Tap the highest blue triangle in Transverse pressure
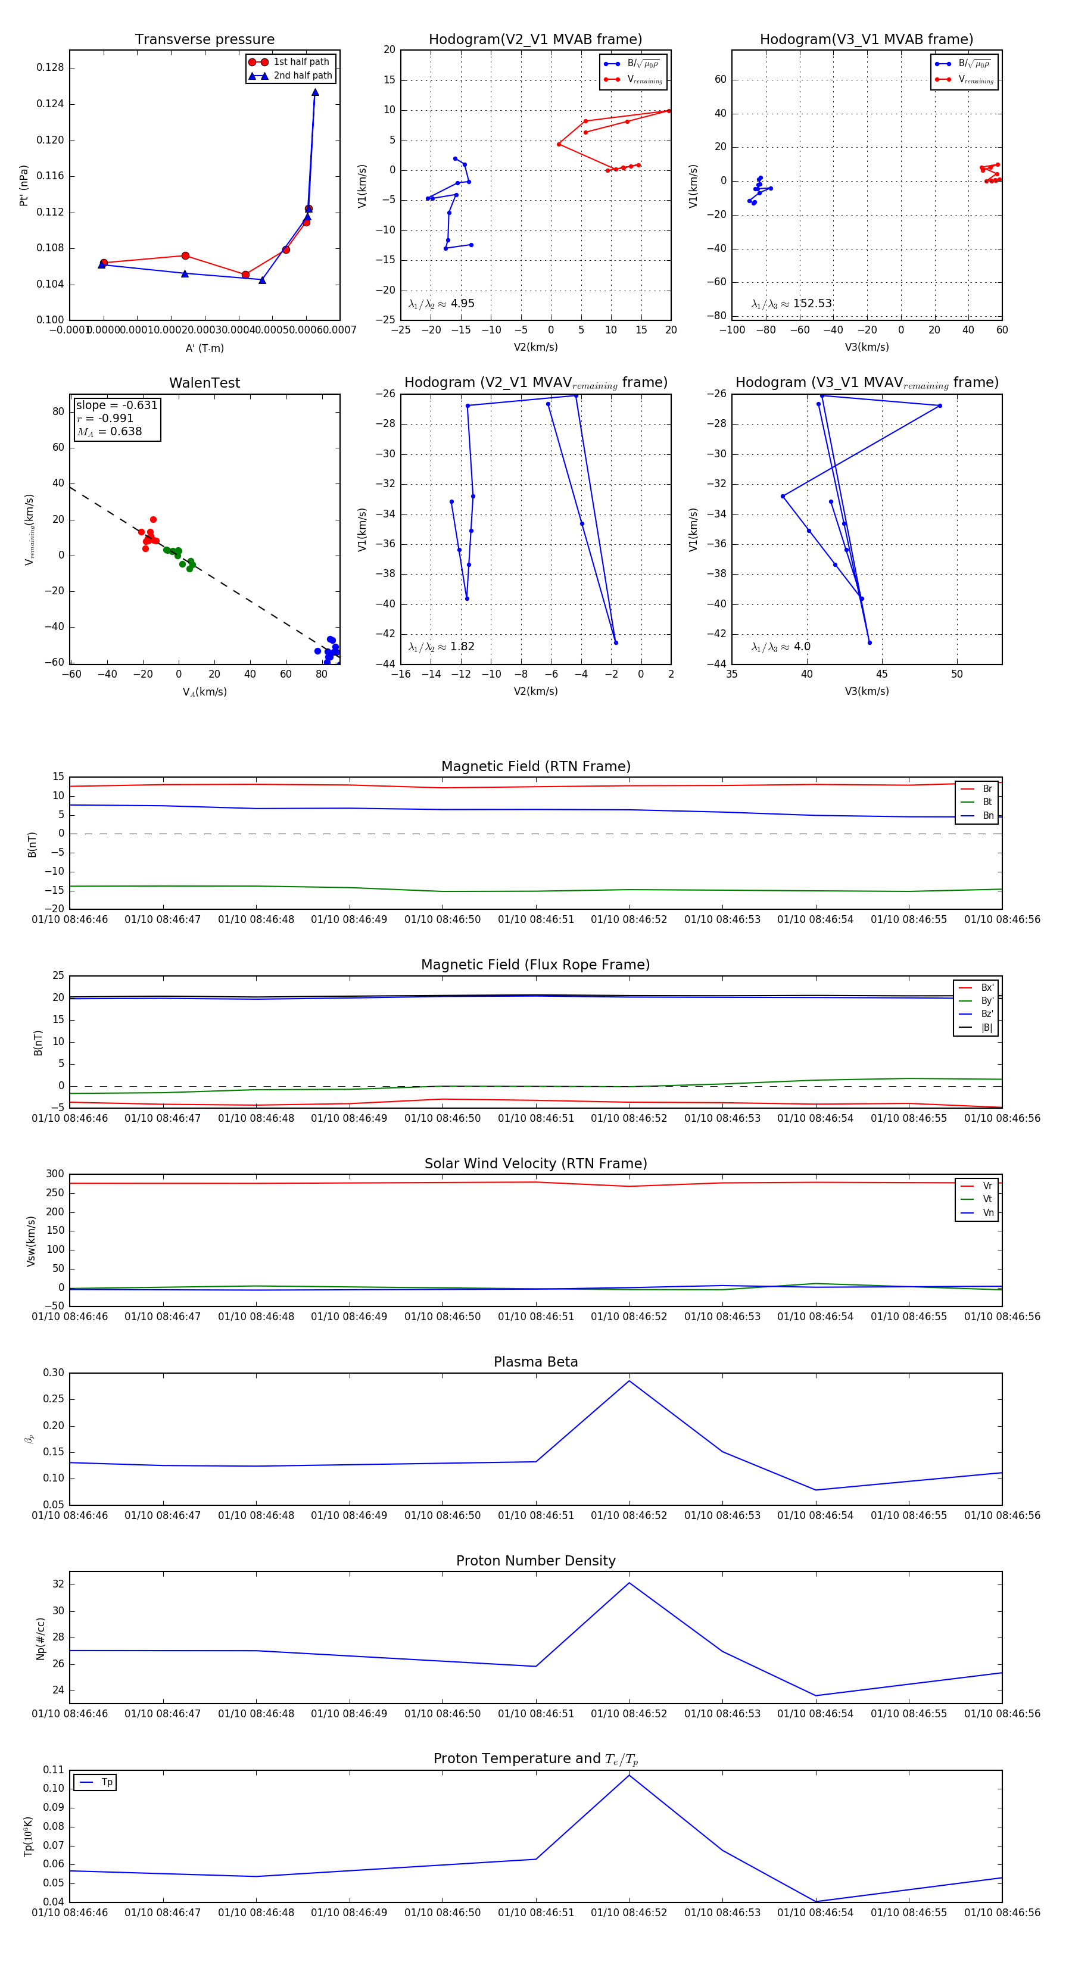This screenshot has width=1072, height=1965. point(315,93)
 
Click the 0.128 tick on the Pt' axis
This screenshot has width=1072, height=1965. point(51,68)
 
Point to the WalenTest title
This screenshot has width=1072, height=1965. point(204,383)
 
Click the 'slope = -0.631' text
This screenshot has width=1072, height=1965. point(117,405)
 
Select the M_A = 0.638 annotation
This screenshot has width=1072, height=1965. point(110,432)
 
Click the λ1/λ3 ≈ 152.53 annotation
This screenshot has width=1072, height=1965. point(791,304)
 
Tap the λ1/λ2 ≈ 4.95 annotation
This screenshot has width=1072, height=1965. point(441,304)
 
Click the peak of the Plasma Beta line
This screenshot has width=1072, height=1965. point(630,1381)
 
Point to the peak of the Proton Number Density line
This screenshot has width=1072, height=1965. point(630,1583)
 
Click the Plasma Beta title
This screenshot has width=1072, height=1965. point(535,1362)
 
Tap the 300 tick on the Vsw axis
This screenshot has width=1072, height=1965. point(55,1174)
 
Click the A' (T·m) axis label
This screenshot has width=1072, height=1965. point(204,348)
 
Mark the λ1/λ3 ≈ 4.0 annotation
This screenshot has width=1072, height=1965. point(781,647)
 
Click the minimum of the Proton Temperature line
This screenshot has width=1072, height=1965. point(816,1901)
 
